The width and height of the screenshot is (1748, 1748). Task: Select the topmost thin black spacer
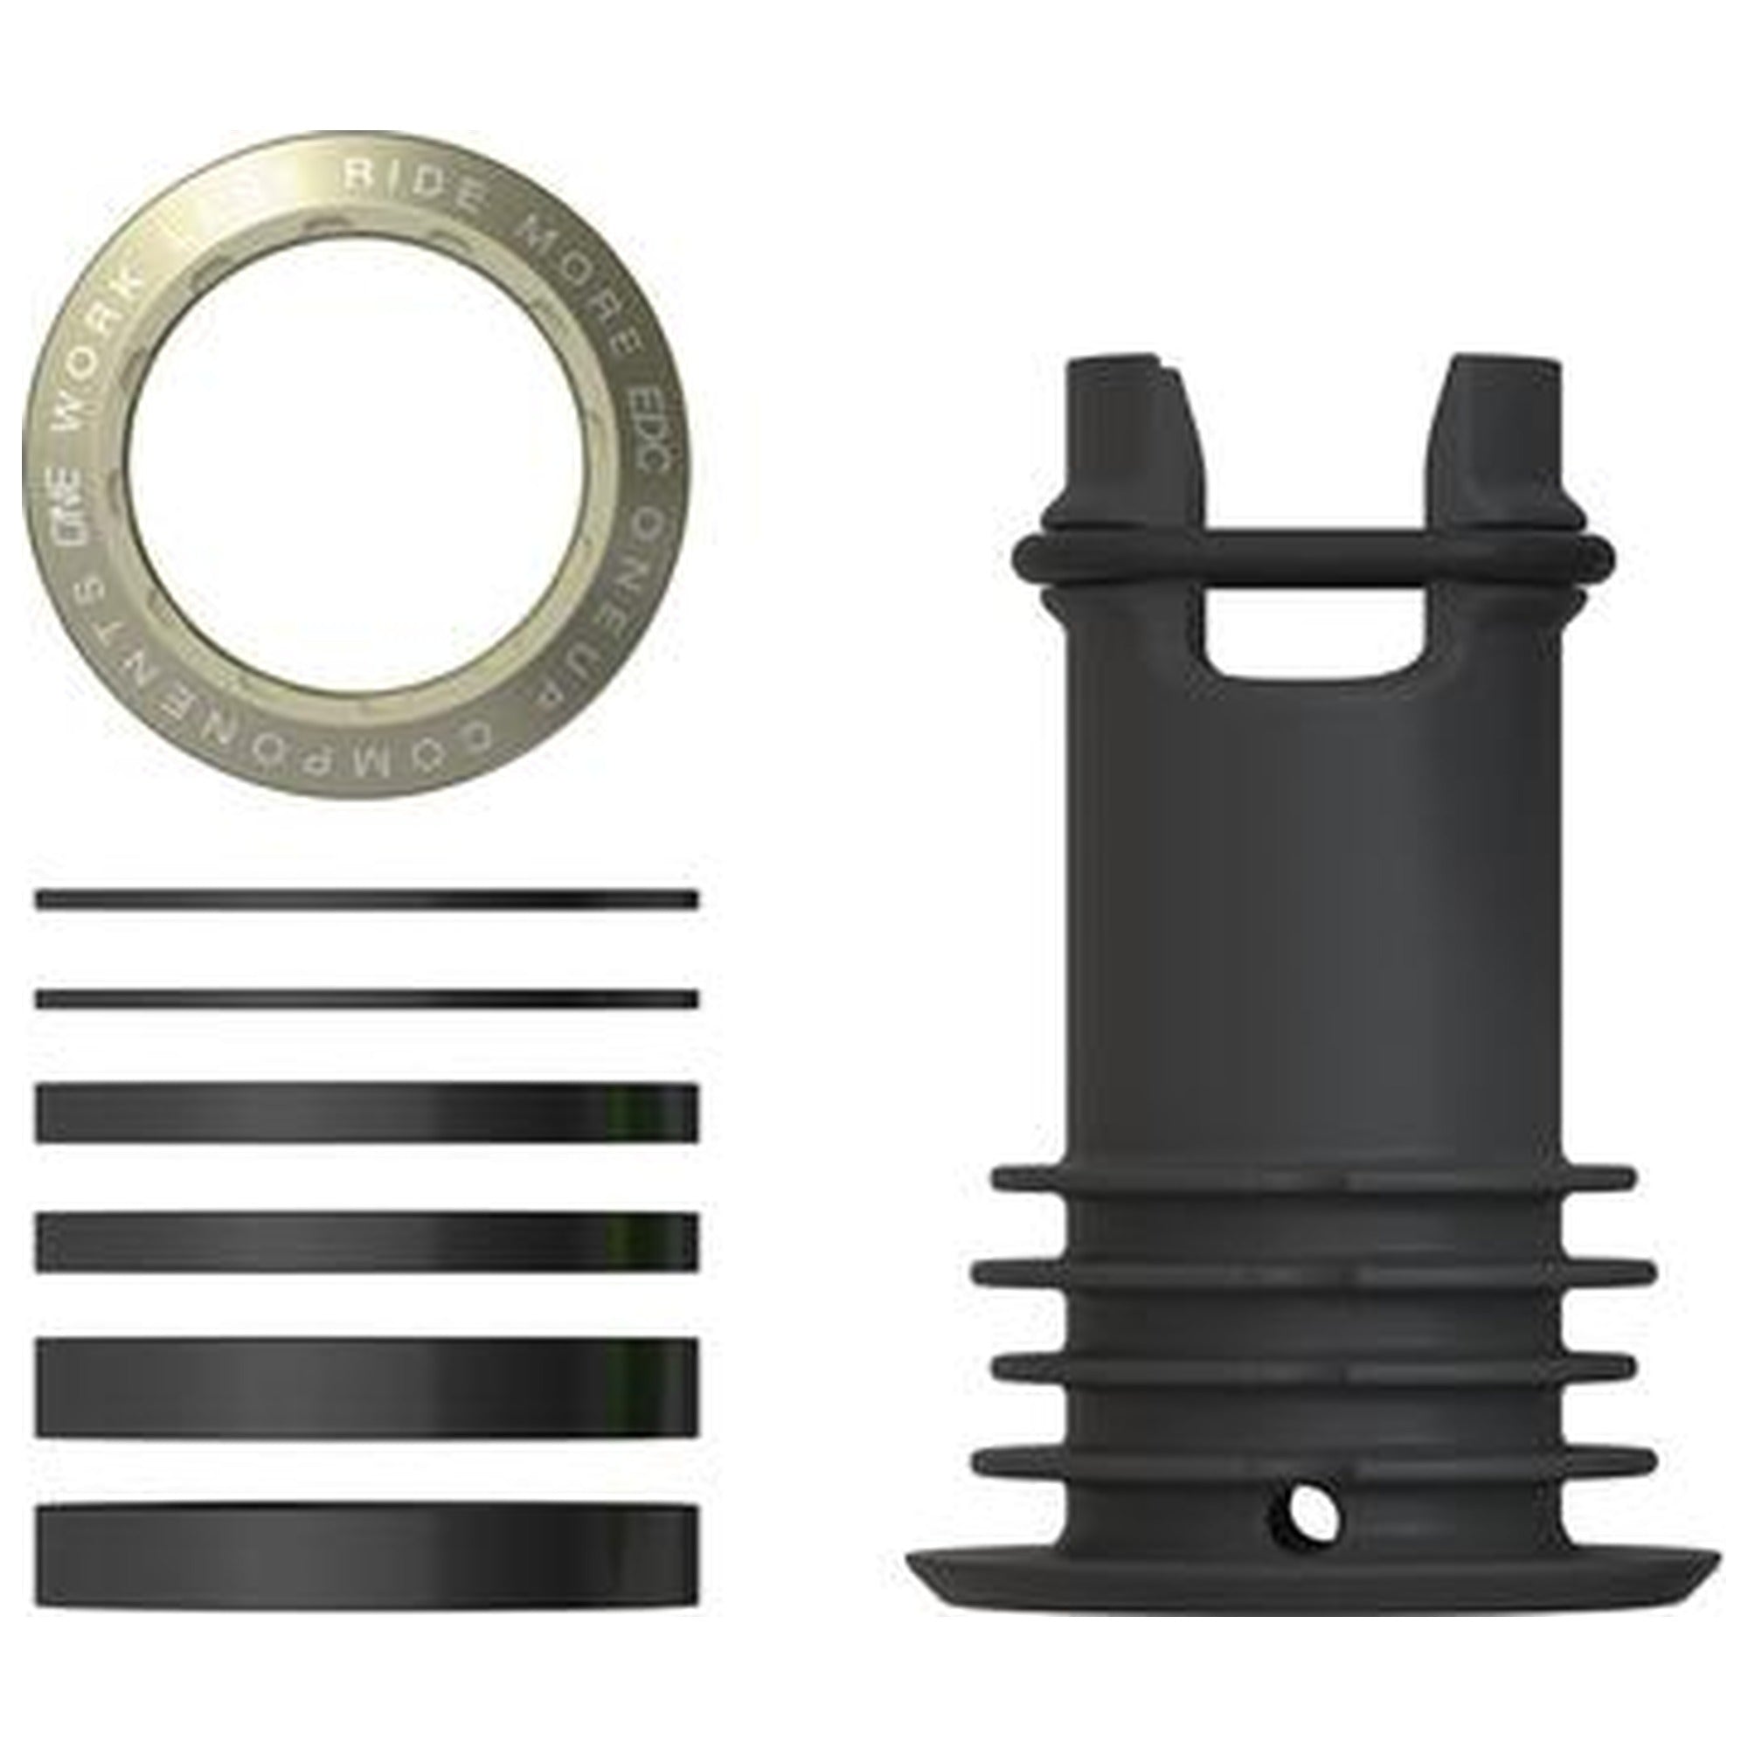coord(366,900)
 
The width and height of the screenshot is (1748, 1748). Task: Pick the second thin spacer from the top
coord(366,1000)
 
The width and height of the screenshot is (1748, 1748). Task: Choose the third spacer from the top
coord(366,1113)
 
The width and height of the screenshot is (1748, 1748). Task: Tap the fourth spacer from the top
coord(366,1241)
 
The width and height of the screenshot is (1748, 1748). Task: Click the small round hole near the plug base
coord(1306,1509)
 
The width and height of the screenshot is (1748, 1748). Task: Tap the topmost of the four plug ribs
coord(1316,1179)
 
